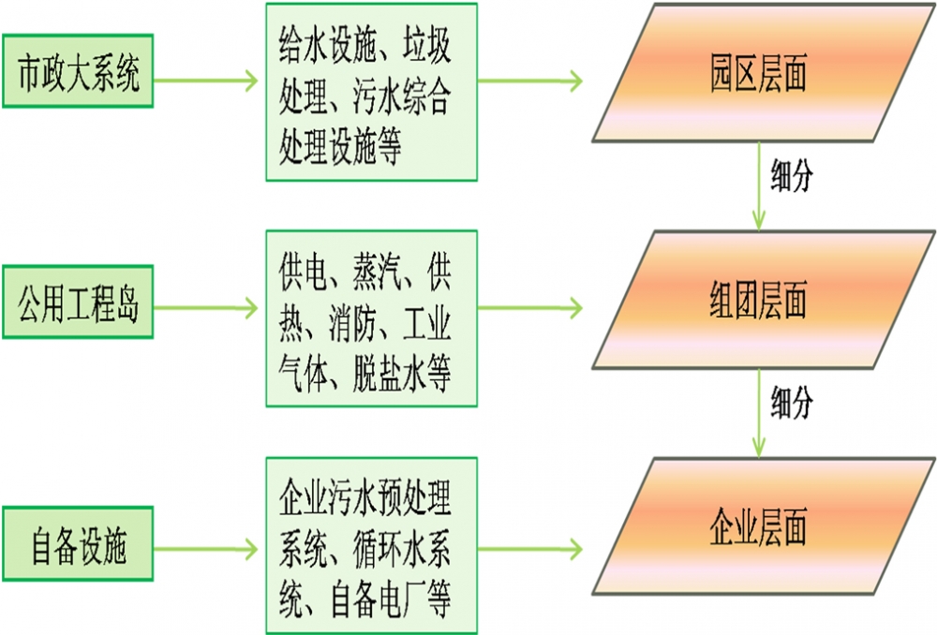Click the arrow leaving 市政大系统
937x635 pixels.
[206, 81]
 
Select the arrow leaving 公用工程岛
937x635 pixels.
[206, 306]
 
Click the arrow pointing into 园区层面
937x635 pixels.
[530, 81]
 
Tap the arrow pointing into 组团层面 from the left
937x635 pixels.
[530, 306]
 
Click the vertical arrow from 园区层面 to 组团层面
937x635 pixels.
[758, 187]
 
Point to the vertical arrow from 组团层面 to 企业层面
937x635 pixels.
[758, 412]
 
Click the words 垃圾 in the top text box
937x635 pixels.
[426, 45]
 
